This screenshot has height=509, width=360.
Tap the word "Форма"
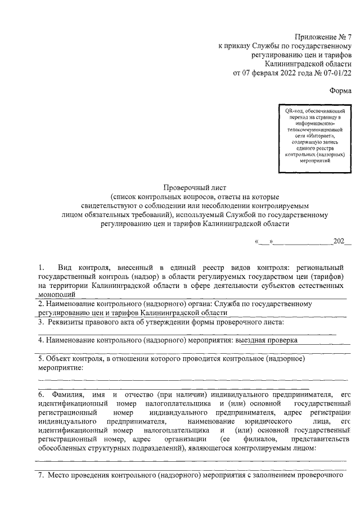(340, 91)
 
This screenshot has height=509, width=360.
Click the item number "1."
(41, 267)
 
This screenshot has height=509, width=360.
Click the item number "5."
(41, 358)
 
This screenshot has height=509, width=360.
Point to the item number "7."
(41, 475)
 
